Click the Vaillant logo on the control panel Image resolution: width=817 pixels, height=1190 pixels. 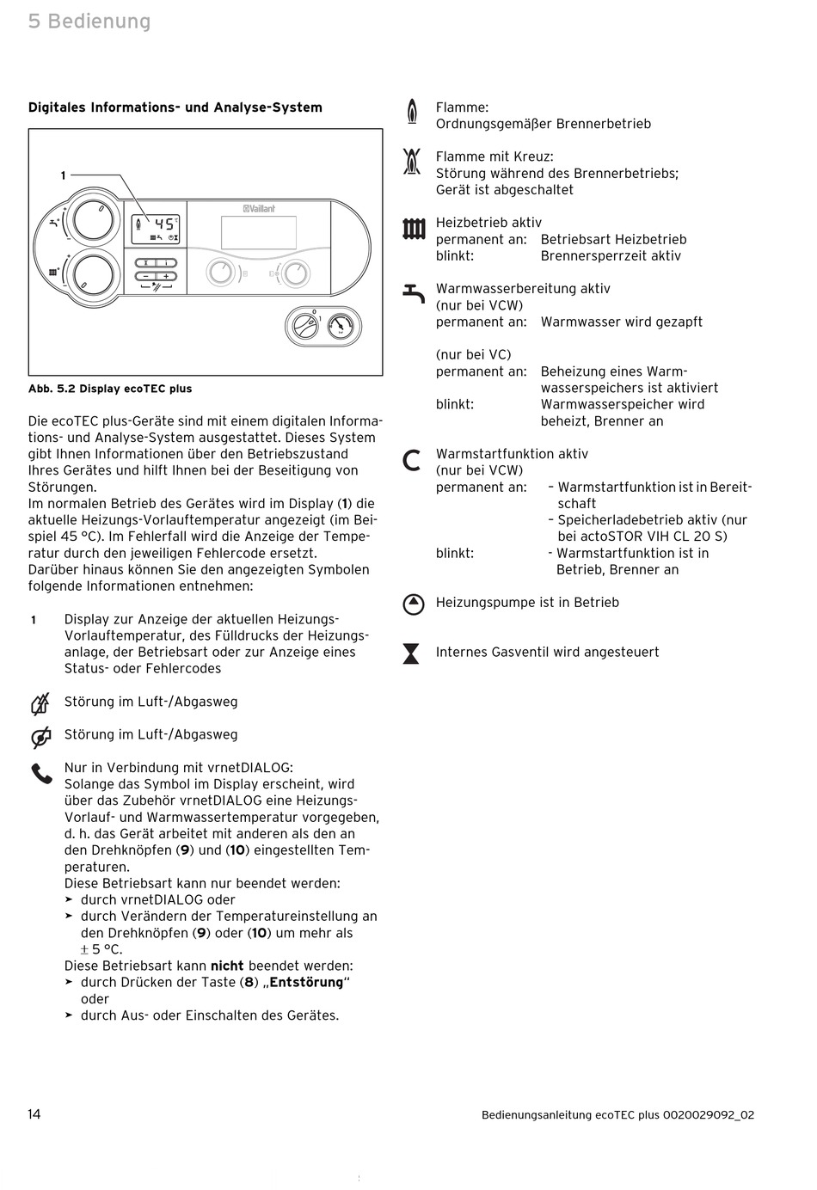258,208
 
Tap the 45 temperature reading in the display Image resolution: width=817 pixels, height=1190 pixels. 163,224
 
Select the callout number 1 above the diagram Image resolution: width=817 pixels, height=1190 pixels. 63,175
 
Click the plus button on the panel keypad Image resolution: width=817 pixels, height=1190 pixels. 166,276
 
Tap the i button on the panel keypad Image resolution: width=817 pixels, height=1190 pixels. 166,263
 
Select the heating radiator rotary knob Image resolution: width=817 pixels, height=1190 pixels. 93,275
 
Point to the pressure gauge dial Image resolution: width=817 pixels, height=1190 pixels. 342,327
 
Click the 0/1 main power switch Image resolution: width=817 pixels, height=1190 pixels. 304,327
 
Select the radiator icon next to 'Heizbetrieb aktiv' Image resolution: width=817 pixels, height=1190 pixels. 414,228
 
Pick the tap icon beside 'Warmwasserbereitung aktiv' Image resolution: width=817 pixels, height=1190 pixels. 414,293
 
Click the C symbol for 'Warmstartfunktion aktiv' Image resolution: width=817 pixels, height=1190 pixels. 413,460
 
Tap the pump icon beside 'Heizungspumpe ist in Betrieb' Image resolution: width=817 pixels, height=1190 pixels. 414,604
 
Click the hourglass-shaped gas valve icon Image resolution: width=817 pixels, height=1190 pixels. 412,653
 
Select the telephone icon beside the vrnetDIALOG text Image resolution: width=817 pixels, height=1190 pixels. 41,774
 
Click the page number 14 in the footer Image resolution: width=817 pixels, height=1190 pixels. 34,1114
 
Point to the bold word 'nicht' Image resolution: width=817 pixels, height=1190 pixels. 227,966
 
